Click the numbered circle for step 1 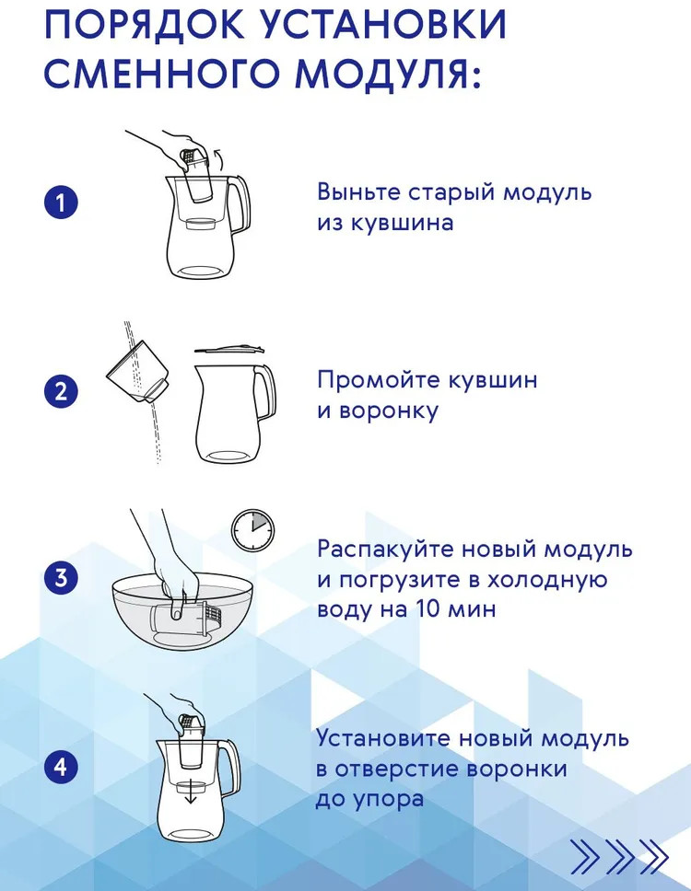pyautogui.click(x=61, y=202)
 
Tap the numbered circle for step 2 pyautogui.click(x=61, y=391)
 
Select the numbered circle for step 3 pyautogui.click(x=61, y=578)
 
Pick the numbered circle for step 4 pyautogui.click(x=61, y=767)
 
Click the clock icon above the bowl pyautogui.click(x=252, y=529)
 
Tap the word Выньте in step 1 pyautogui.click(x=359, y=191)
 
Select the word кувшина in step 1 pyautogui.click(x=402, y=222)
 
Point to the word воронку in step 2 pyautogui.click(x=389, y=411)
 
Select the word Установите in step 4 pyautogui.click(x=382, y=738)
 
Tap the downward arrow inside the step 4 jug pyautogui.click(x=191, y=793)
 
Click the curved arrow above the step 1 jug pyautogui.click(x=218, y=157)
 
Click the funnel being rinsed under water pyautogui.click(x=137, y=371)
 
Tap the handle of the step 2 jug pyautogui.click(x=265, y=392)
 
